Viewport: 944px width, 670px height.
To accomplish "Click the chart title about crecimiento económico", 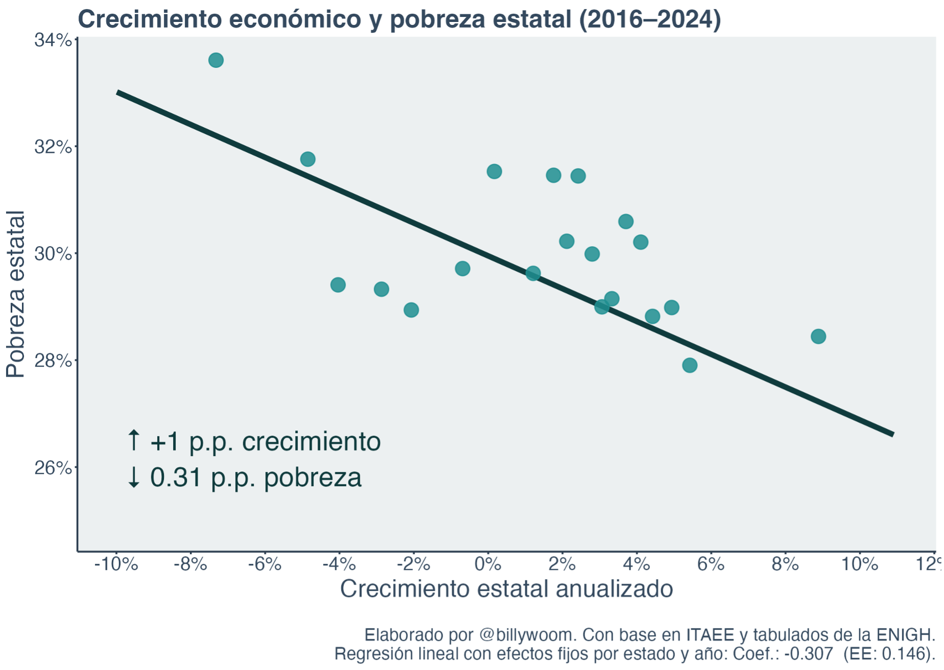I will pos(399,19).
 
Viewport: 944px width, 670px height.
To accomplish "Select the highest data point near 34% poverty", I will pos(216,60).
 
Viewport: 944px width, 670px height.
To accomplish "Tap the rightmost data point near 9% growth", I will pos(818,337).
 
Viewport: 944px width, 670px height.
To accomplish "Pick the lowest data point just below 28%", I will pos(689,365).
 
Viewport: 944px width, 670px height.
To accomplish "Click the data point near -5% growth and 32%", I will pos(307,159).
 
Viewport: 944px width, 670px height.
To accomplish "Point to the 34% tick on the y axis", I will pos(53,40).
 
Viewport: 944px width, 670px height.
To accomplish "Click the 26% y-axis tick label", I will pos(53,468).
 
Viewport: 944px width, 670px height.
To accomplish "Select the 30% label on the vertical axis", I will pos(53,254).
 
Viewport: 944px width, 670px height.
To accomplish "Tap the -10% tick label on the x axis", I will pos(116,564).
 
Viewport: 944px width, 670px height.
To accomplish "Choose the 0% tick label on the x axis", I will pos(488,564).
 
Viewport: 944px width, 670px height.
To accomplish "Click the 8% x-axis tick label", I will pos(785,564).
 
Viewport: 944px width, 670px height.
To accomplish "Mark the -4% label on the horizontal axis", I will pos(339,564).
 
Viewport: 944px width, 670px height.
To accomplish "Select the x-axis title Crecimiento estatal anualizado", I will pos(506,589).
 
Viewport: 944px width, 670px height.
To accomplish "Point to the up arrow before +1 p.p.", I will pos(133,440).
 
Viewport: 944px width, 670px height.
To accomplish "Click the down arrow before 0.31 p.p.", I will pos(133,477).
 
